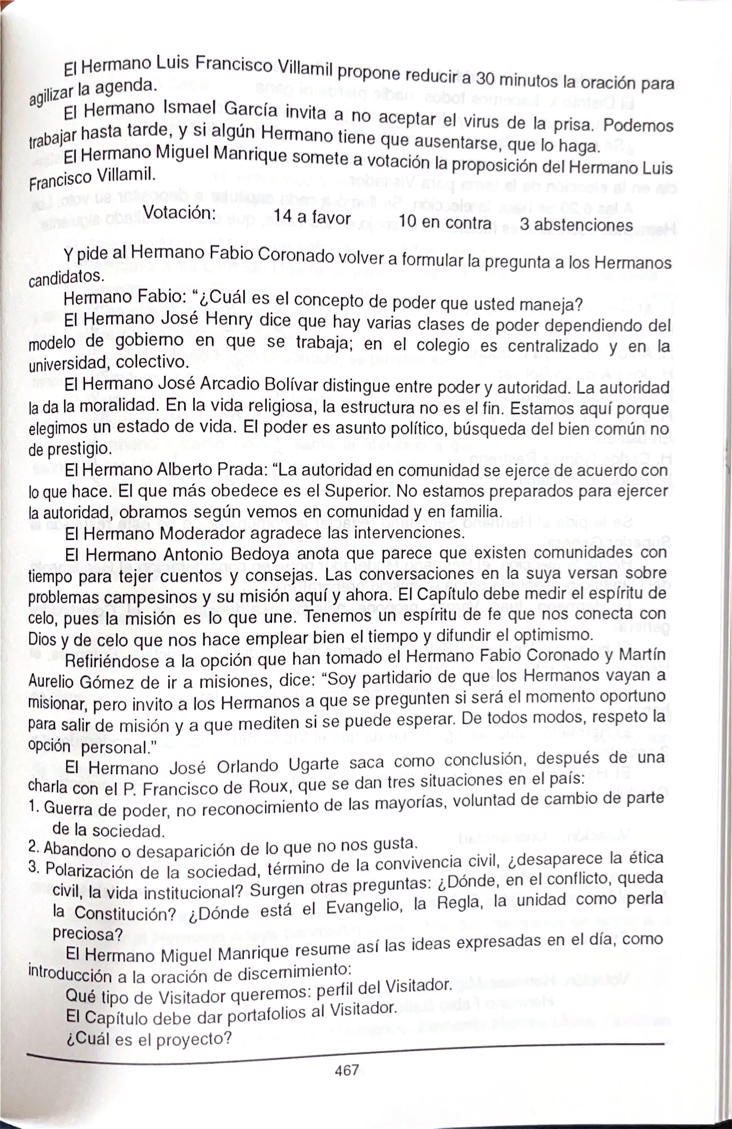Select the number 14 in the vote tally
coord(283,216)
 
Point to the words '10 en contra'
coord(445,221)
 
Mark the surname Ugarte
coord(314,765)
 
